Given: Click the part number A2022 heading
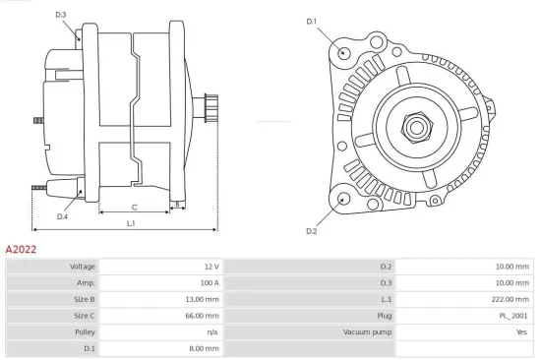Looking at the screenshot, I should (22, 250).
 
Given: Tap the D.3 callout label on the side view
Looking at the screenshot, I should (61, 15).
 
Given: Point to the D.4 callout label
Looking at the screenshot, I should (62, 216).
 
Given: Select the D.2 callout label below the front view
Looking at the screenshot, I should (312, 231).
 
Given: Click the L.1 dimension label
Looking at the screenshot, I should (131, 223).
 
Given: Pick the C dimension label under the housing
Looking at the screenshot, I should (134, 207).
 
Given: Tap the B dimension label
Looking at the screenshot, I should (176, 206).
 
